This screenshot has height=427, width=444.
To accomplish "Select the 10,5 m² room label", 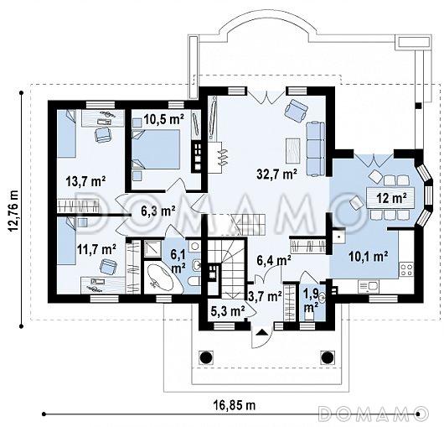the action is coord(163,120).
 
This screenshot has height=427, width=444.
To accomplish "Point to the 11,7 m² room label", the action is coord(96,249).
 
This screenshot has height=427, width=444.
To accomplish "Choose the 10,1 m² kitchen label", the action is coord(369,257).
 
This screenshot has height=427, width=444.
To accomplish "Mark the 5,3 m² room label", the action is coord(228,311).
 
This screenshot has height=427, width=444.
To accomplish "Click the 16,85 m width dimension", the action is coord(235,405).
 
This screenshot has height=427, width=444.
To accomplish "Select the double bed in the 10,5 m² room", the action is coord(156,149).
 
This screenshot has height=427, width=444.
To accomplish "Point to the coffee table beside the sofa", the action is coord(293,150).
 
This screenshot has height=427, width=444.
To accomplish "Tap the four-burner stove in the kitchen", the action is coord(406,269).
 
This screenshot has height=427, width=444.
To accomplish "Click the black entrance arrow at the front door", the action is coord(262,332).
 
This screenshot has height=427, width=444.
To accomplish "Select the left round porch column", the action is coord(206,357).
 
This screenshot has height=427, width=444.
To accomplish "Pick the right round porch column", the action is coord(327,357).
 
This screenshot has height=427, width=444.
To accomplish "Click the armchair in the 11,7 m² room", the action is coord(108,267).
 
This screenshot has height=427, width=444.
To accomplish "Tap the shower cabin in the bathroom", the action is coord(152,248).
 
